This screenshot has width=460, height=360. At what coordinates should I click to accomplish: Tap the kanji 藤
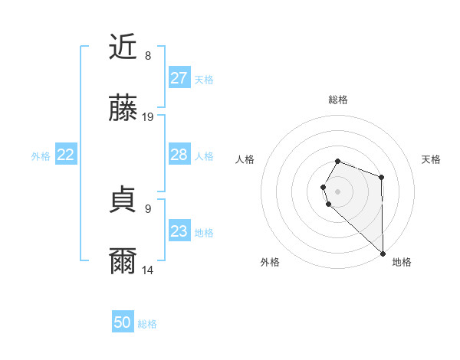[123, 110]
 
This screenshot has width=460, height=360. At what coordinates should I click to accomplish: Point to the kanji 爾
[123, 261]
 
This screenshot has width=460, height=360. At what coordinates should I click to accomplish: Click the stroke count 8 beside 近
[148, 55]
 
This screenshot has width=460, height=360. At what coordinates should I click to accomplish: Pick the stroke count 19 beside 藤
[148, 117]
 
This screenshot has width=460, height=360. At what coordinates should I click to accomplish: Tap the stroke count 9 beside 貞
[148, 208]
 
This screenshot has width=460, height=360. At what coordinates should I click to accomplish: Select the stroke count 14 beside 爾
[148, 270]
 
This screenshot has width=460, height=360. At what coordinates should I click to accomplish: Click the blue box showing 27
[179, 78]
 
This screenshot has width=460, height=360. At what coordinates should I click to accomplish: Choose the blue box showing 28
[179, 155]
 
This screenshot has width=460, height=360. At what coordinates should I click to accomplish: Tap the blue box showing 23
[179, 231]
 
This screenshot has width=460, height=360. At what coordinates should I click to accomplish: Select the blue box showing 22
[66, 155]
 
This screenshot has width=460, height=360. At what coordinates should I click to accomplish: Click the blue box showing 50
[123, 322]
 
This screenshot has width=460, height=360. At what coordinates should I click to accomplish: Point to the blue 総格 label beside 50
[148, 324]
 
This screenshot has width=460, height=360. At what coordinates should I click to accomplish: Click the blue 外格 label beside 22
[41, 156]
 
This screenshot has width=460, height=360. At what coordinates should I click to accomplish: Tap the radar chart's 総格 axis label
[338, 100]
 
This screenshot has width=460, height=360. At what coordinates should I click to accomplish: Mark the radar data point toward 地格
[382, 253]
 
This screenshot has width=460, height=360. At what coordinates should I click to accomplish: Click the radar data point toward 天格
[381, 178]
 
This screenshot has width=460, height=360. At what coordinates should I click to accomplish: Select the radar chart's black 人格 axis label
[245, 159]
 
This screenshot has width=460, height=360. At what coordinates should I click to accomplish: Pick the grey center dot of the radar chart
[338, 191]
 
